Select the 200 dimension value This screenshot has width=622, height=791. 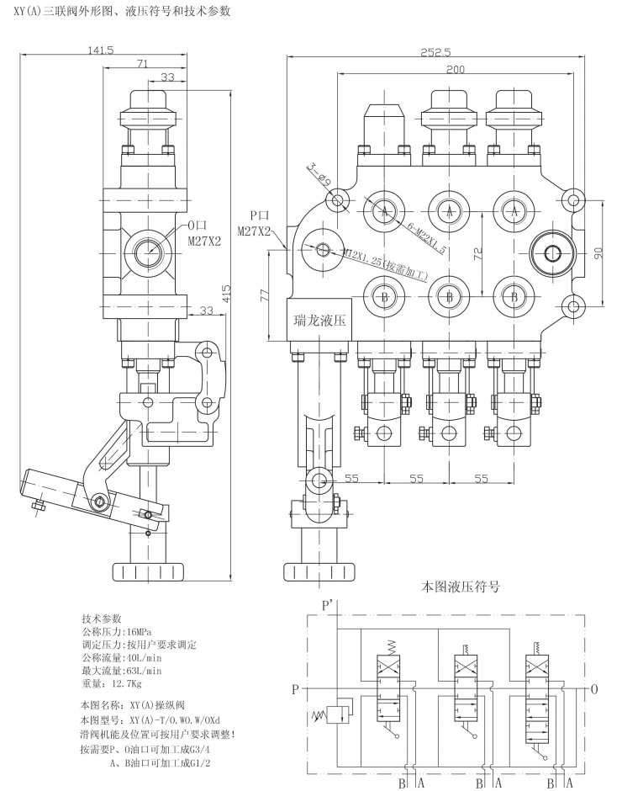[x=455, y=69]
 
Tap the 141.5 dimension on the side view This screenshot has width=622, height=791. [x=99, y=50]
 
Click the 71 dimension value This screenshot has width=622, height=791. [x=143, y=64]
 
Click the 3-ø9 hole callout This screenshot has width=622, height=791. [x=317, y=174]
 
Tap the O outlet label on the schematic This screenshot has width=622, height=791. [x=594, y=690]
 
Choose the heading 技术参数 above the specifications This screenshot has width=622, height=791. [x=102, y=618]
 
